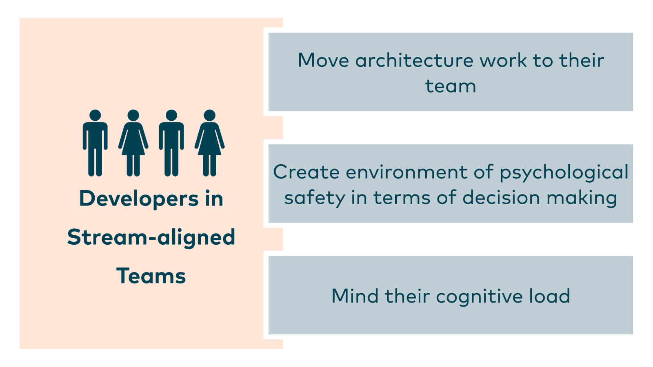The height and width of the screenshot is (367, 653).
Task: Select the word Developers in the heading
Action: [133, 199]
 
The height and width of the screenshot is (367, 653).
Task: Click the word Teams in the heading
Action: [151, 276]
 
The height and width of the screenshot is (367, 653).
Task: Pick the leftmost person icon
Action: [95, 143]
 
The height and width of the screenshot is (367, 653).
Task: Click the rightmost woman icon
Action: [209, 143]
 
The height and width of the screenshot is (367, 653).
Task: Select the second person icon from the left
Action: [133, 143]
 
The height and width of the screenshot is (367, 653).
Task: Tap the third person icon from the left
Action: [171, 143]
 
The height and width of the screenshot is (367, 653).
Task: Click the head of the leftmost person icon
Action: [95, 115]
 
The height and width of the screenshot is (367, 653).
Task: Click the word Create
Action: [307, 172]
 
